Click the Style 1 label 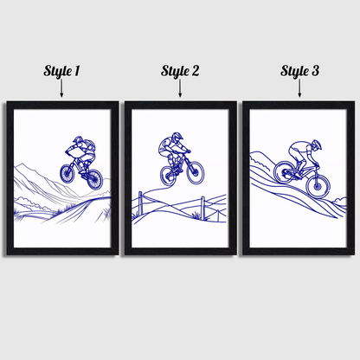coord(61,71)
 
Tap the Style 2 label coord(180,71)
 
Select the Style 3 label coord(299,71)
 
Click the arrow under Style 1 coord(61,90)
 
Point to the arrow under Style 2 coord(180,90)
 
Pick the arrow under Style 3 coord(299,90)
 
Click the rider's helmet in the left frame coord(77,140)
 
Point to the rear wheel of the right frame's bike coord(284,173)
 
